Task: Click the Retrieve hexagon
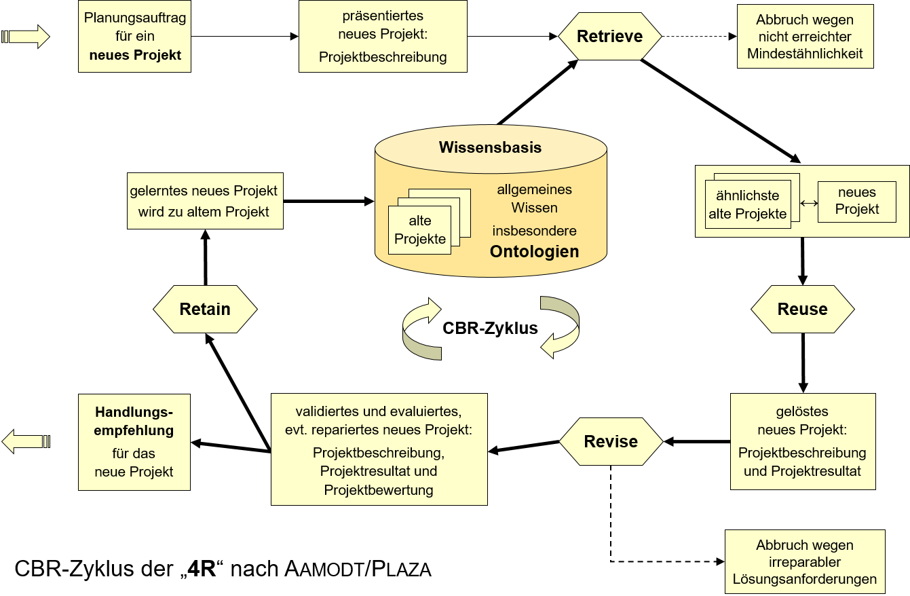[x=610, y=36]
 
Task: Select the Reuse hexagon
[x=802, y=309]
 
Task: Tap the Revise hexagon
[x=611, y=441]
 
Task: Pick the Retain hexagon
[x=205, y=309]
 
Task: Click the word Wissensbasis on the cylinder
[x=490, y=147]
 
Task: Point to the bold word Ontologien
[x=534, y=251]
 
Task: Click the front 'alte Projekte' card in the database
[x=419, y=230]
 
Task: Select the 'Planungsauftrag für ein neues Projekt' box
[x=134, y=36]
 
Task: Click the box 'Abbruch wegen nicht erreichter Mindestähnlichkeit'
[x=805, y=36]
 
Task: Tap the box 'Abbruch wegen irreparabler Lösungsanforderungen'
[x=805, y=561]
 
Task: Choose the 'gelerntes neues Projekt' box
[x=205, y=201]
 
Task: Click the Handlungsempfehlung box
[x=134, y=442]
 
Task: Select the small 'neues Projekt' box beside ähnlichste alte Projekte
[x=857, y=202]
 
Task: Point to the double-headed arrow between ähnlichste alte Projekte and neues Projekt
[x=809, y=203]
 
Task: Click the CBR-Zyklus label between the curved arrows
[x=490, y=328]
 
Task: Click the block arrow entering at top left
[x=25, y=37]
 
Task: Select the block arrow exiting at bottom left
[x=26, y=441]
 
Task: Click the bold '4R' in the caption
[x=202, y=569]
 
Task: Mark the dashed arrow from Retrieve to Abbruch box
[x=700, y=37]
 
